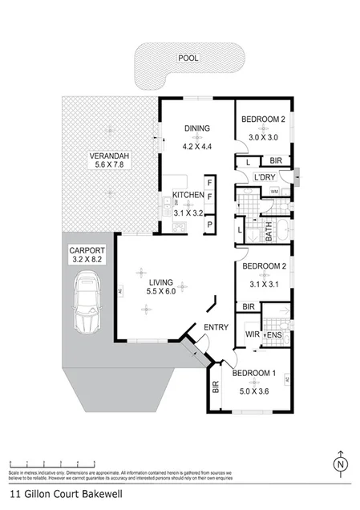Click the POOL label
(188, 58)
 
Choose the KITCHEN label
(188, 195)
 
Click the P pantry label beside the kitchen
(209, 225)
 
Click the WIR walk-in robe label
(250, 334)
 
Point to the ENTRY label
(216, 327)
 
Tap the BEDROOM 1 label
(255, 374)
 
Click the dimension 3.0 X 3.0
(264, 137)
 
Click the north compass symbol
(340, 464)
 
